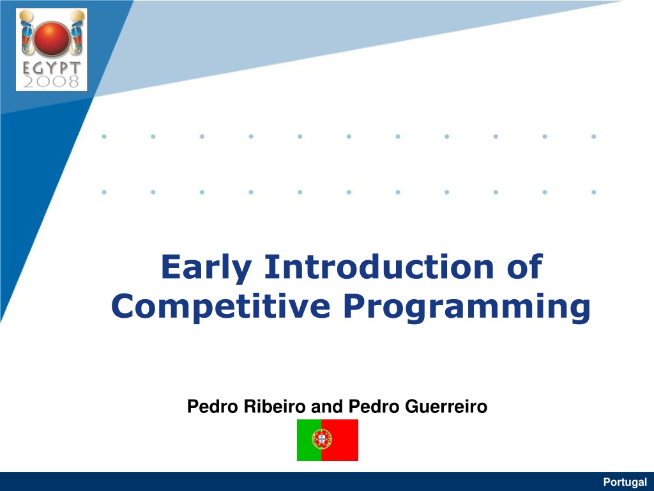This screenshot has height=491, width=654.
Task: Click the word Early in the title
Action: click(206, 267)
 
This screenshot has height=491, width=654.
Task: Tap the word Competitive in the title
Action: click(220, 306)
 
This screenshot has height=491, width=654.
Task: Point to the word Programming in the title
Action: click(467, 308)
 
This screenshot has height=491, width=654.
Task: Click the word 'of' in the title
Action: click(525, 266)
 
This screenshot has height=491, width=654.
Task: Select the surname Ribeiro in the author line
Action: click(275, 406)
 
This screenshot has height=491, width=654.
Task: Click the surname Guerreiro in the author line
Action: click(446, 406)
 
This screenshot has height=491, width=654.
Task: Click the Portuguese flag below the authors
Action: click(328, 440)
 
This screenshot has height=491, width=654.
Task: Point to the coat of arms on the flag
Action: click(322, 439)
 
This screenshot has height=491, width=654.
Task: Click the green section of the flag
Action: click(309, 440)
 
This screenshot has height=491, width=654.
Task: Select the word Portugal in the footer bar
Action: click(625, 482)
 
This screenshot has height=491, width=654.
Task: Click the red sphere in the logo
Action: click(51, 38)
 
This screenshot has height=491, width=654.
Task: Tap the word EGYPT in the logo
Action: click(51, 68)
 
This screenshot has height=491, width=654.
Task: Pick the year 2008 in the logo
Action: click(51, 81)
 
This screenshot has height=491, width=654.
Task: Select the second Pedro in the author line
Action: click(374, 406)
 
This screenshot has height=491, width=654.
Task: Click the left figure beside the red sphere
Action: click(27, 33)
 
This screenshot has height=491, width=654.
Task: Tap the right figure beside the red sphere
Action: click(77, 33)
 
